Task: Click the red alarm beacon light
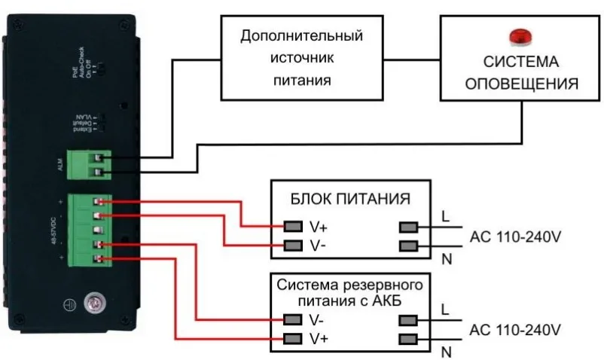click(x=518, y=36)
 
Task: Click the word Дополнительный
click(x=301, y=35)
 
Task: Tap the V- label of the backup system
click(x=317, y=319)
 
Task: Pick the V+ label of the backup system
click(x=318, y=338)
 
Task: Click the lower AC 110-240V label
click(x=516, y=330)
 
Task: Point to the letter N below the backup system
click(x=446, y=352)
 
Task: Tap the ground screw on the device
click(x=94, y=304)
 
